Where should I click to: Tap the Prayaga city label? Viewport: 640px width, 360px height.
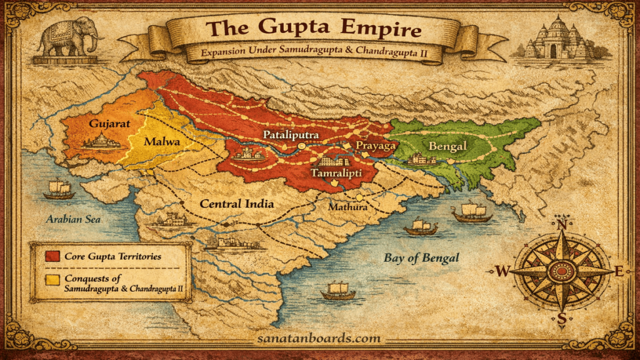[x=376, y=145]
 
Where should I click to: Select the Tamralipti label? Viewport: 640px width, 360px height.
[x=337, y=172]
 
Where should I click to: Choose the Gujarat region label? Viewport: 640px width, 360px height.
[x=109, y=123]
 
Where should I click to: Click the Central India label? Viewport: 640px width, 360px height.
[x=237, y=204]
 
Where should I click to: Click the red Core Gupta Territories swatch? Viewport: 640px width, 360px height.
[x=52, y=256]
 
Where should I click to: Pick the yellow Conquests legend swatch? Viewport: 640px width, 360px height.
[x=52, y=279]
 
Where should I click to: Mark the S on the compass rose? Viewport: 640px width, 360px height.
[x=561, y=319]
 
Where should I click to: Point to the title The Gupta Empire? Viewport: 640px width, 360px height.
[x=314, y=28]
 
